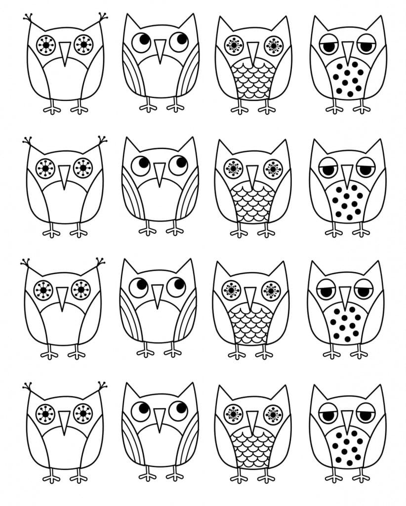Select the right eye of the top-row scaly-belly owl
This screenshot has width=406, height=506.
[273, 45]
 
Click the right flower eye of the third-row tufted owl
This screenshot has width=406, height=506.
[81, 290]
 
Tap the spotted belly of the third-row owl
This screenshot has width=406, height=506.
[345, 324]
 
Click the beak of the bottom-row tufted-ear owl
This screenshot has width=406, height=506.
[64, 421]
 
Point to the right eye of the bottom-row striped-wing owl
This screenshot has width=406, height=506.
[178, 410]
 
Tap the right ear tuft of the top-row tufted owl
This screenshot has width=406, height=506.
[103, 18]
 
